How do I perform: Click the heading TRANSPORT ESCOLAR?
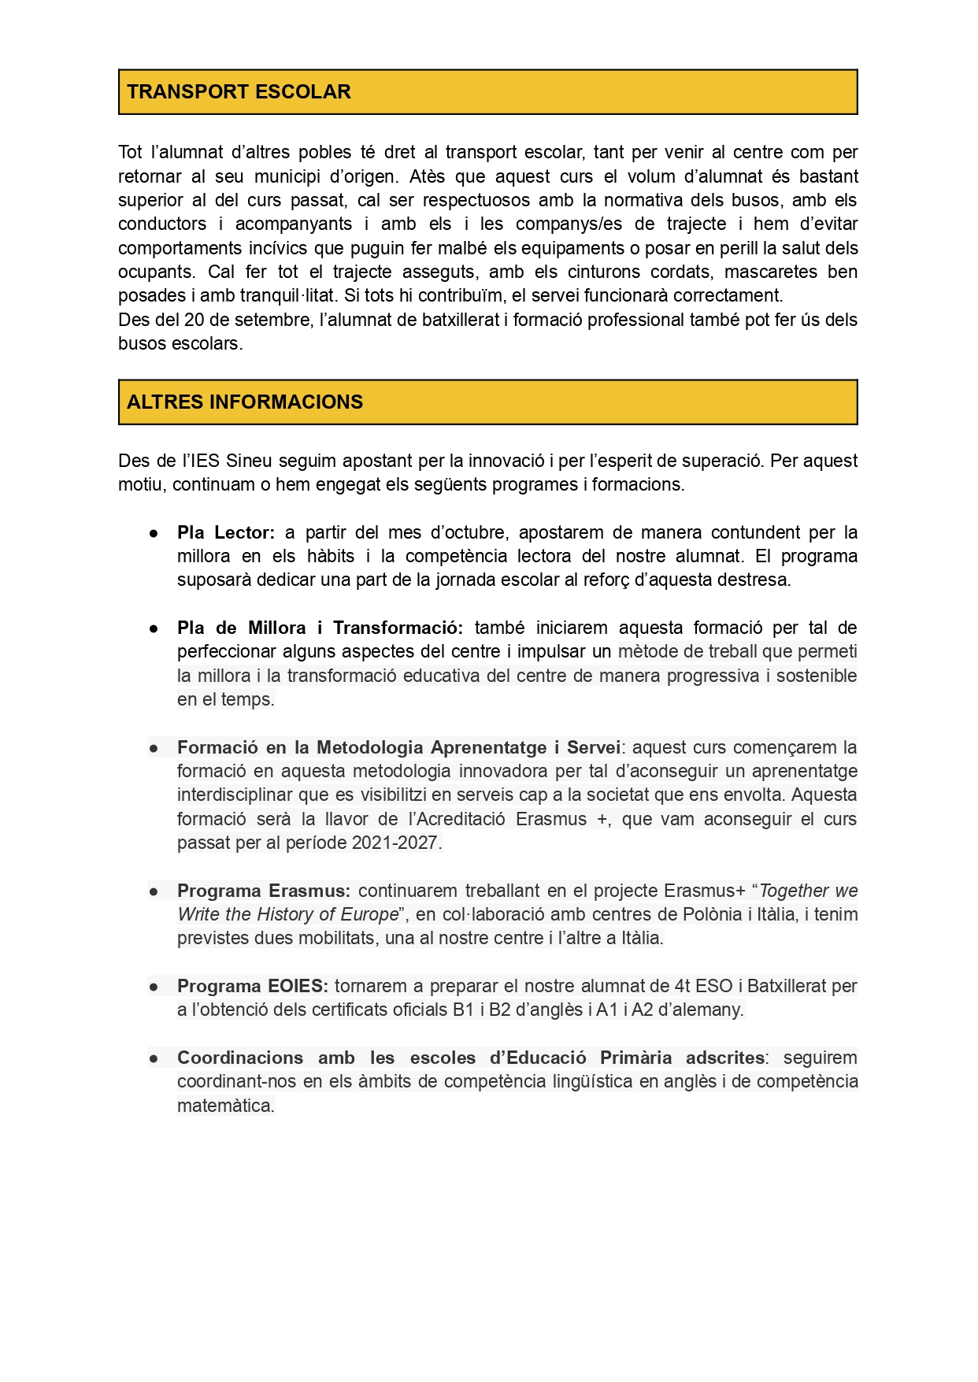(239, 92)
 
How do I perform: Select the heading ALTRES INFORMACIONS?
(245, 402)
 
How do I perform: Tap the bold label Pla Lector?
(225, 533)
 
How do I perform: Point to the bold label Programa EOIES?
(252, 987)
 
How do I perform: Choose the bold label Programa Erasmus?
(263, 891)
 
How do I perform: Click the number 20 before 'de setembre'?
(194, 320)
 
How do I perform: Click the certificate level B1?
(463, 1010)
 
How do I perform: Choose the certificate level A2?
(643, 1010)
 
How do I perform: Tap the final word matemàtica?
(225, 1106)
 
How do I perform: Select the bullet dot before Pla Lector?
(154, 534)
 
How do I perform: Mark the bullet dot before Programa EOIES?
(154, 987)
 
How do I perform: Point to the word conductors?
(163, 224)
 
